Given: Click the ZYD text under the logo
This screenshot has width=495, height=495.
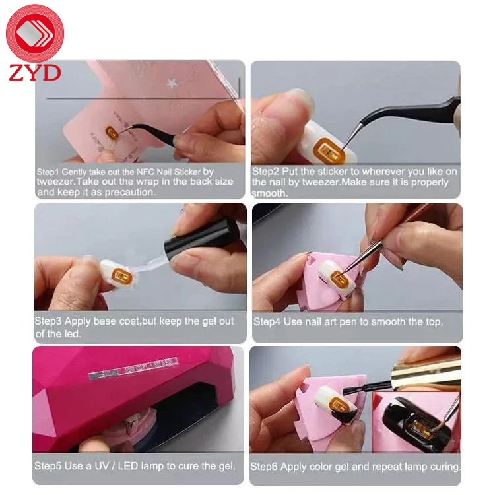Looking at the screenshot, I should pos(34,72).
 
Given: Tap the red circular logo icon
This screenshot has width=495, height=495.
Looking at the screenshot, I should pos(34,33).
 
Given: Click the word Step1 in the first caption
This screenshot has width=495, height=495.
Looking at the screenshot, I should pos(49,172).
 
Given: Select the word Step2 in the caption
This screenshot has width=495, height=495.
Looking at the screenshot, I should pos(265,172).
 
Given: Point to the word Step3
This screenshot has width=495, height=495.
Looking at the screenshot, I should pos(49,321).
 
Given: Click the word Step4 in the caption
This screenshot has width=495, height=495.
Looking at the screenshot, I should pos(267,321).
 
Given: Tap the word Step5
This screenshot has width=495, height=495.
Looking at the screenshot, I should pos(49,466).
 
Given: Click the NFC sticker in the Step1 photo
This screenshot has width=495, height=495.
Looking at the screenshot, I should pos(112,133).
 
